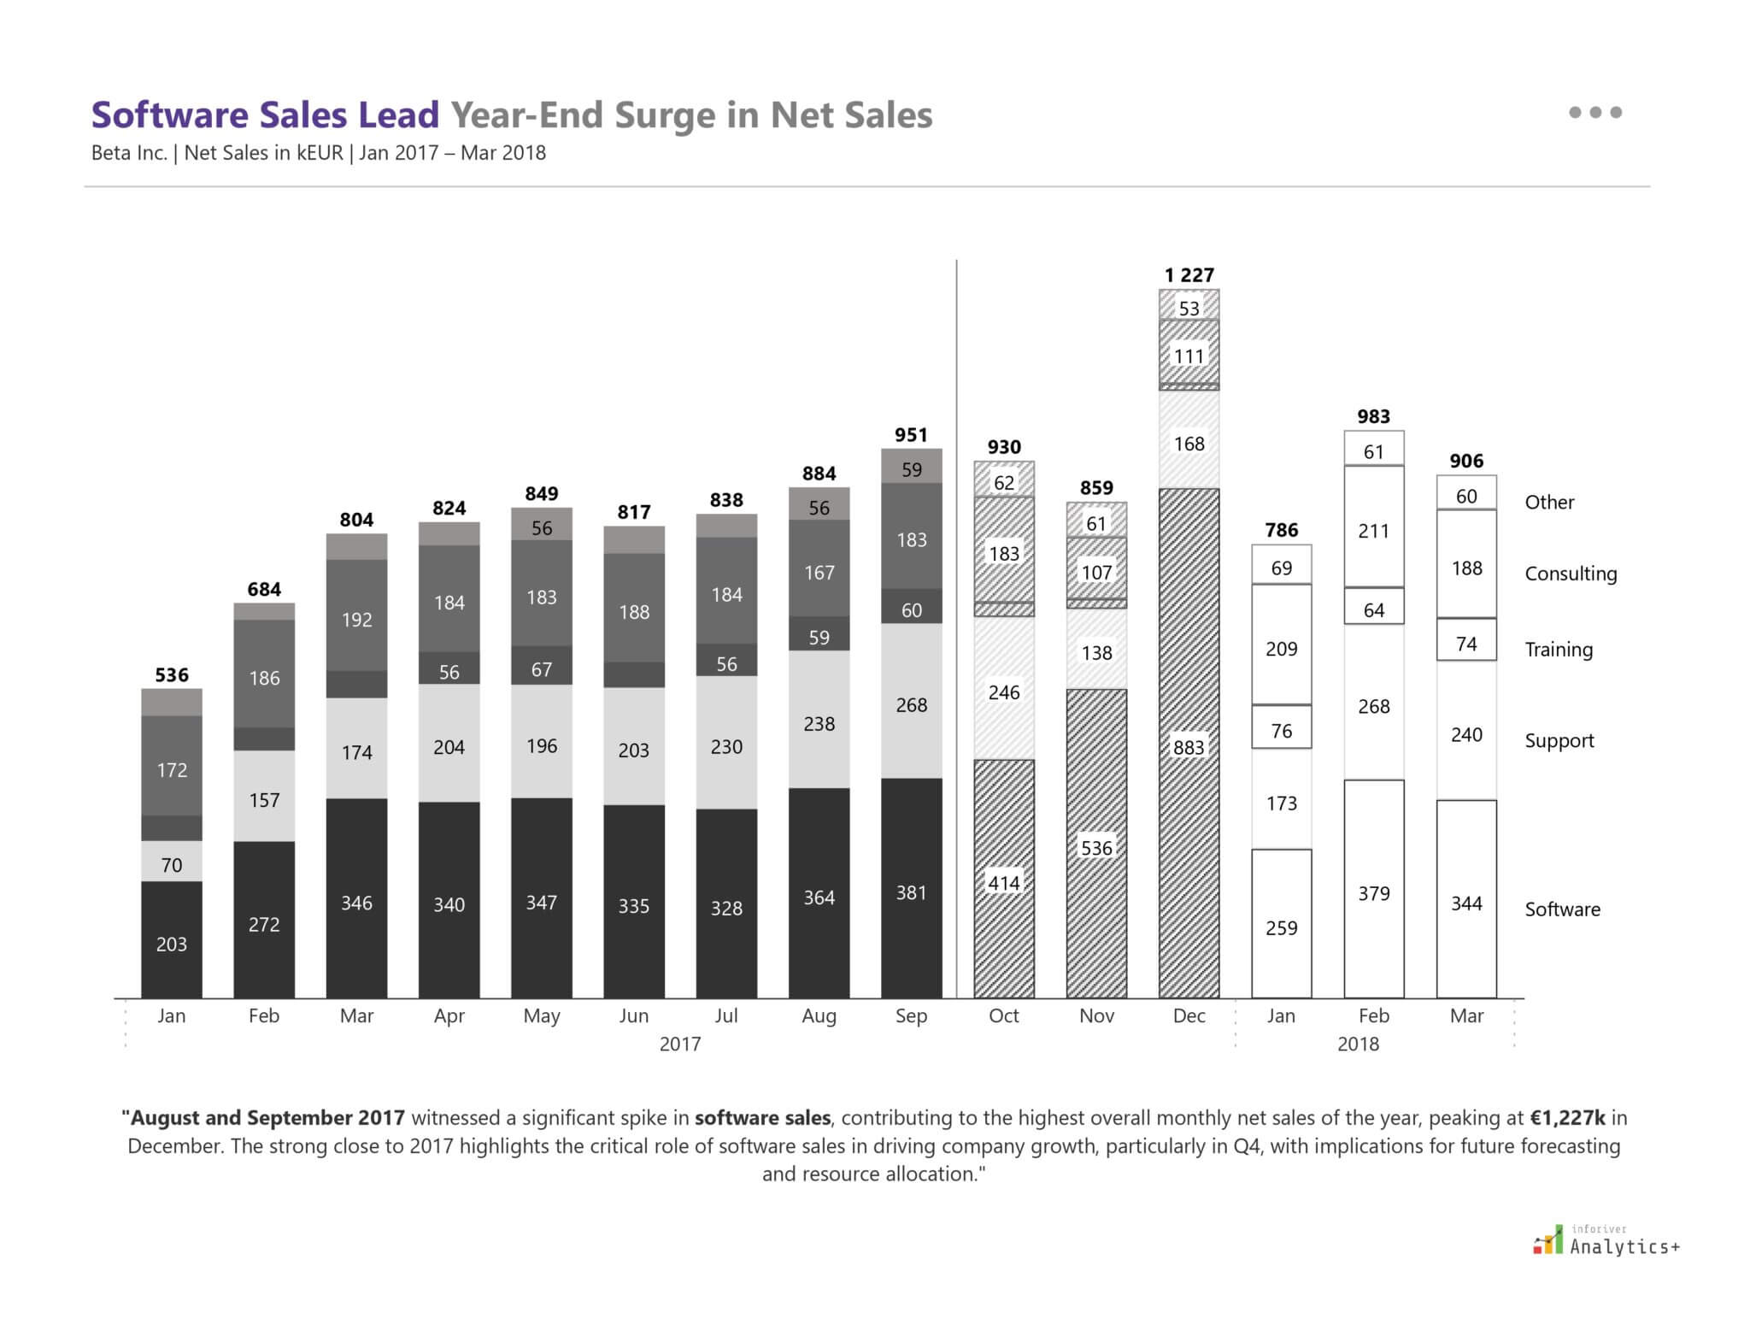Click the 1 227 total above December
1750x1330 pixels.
coord(1189,275)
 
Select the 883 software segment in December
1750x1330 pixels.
coord(1189,747)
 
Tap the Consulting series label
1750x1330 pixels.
coord(1571,574)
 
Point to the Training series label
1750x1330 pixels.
coord(1559,650)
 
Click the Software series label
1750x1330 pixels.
coord(1562,909)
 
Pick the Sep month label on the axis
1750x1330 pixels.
coord(911,1015)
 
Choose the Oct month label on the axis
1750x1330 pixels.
coord(1004,1015)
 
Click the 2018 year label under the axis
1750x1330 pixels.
coord(1358,1044)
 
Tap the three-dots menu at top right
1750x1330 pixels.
coord(1595,112)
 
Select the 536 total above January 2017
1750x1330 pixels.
coord(172,675)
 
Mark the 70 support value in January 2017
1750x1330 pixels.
coord(172,865)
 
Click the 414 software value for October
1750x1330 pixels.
coord(1004,883)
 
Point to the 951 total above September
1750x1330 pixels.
coord(911,435)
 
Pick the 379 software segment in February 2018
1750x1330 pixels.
coord(1374,893)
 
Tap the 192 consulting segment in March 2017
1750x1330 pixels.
coord(356,620)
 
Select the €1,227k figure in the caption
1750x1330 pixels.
coord(1567,1118)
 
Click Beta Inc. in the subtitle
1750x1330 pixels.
coord(129,153)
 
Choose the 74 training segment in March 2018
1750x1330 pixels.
coord(1466,644)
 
